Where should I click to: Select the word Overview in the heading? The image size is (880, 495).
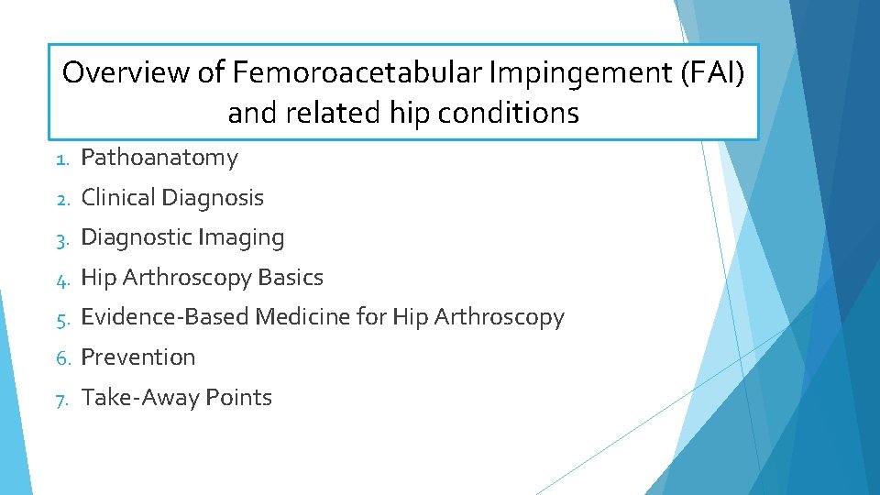coord(126,71)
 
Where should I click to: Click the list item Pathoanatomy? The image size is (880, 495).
coord(159,158)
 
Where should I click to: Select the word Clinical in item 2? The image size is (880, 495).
coord(118,197)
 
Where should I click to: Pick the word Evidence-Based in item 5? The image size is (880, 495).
coord(165,317)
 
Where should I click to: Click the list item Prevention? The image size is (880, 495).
coord(138,357)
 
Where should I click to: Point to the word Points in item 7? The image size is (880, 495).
coord(238,397)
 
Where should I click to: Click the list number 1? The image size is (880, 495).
coord(60,159)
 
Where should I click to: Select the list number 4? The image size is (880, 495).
coord(60,278)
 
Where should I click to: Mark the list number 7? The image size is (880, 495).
coord(60,398)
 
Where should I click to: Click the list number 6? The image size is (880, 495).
coord(60,357)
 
